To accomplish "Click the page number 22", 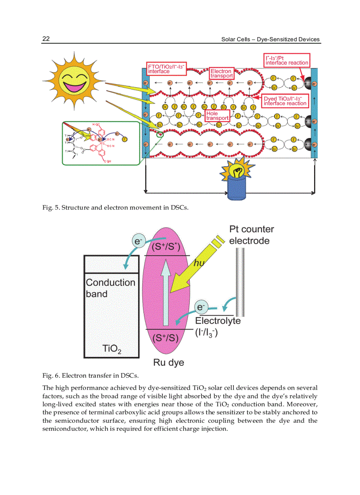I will coord(46,39).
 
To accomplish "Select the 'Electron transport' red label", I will coord(221,73).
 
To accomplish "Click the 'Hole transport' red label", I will coord(217,115).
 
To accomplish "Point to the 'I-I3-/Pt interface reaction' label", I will coord(287,60).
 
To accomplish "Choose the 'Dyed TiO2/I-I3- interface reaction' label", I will coord(285,100).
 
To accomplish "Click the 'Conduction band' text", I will coord(110,288).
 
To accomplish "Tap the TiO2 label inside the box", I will coord(112,349).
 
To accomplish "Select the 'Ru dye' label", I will coord(169,363).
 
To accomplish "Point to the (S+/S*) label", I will coord(166,246).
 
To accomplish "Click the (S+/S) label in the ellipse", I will coord(165,338).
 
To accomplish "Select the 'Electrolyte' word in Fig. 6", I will coord(218,320).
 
